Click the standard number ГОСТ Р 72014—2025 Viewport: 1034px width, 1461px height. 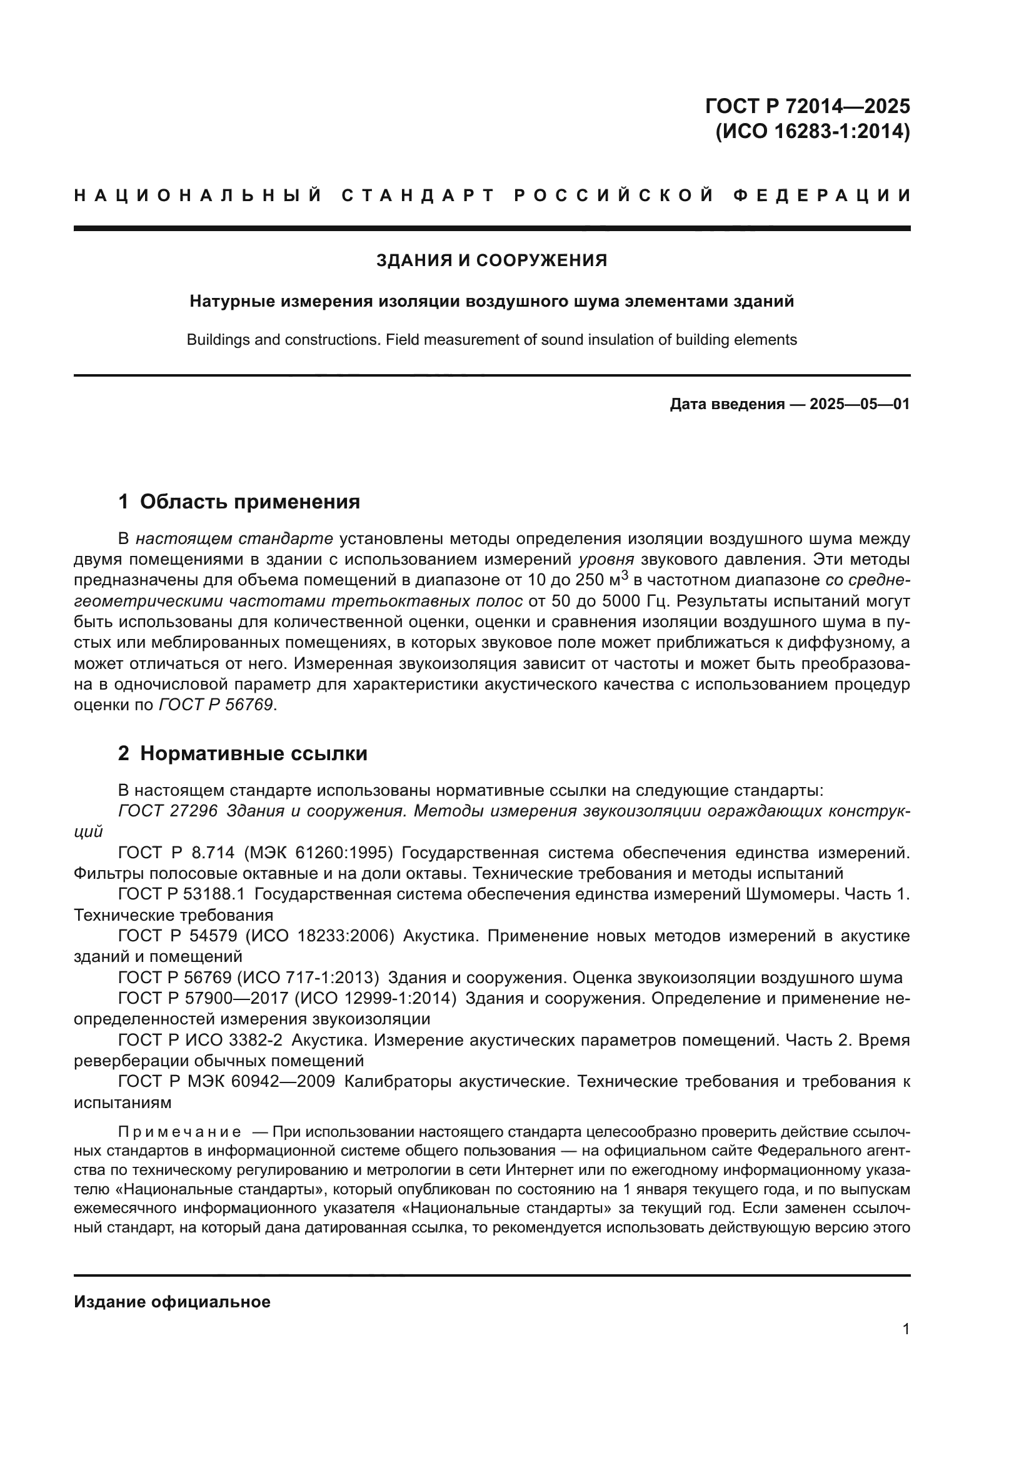(x=807, y=106)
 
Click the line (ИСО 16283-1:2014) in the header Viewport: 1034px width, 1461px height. (x=813, y=132)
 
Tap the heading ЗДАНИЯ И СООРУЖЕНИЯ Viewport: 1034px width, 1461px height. (x=491, y=260)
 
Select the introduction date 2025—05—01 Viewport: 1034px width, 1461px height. (x=859, y=404)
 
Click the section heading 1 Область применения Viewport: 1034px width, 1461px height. (x=239, y=502)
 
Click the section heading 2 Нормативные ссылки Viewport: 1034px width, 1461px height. (x=243, y=753)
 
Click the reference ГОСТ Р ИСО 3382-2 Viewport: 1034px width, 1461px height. (x=200, y=1040)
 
